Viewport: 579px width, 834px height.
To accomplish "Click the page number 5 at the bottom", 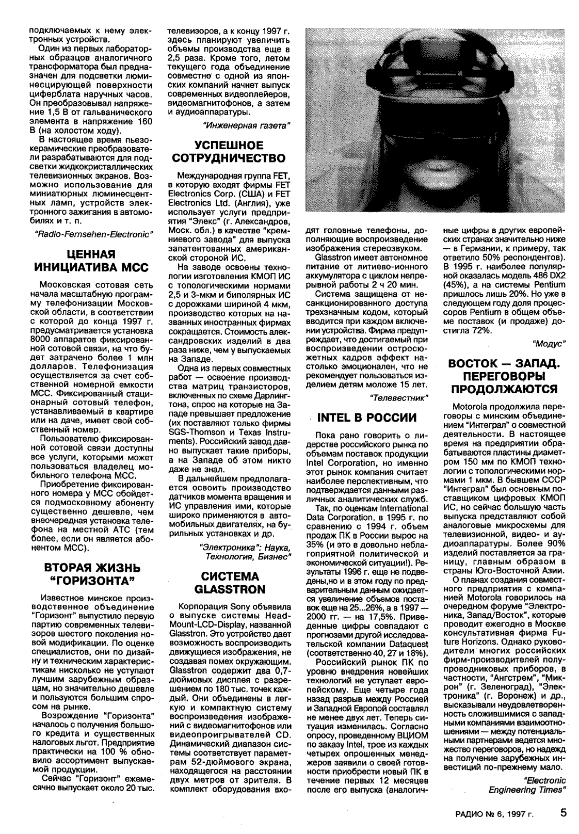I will click(x=564, y=812).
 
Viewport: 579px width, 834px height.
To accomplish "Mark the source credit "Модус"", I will click(x=548, y=342).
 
